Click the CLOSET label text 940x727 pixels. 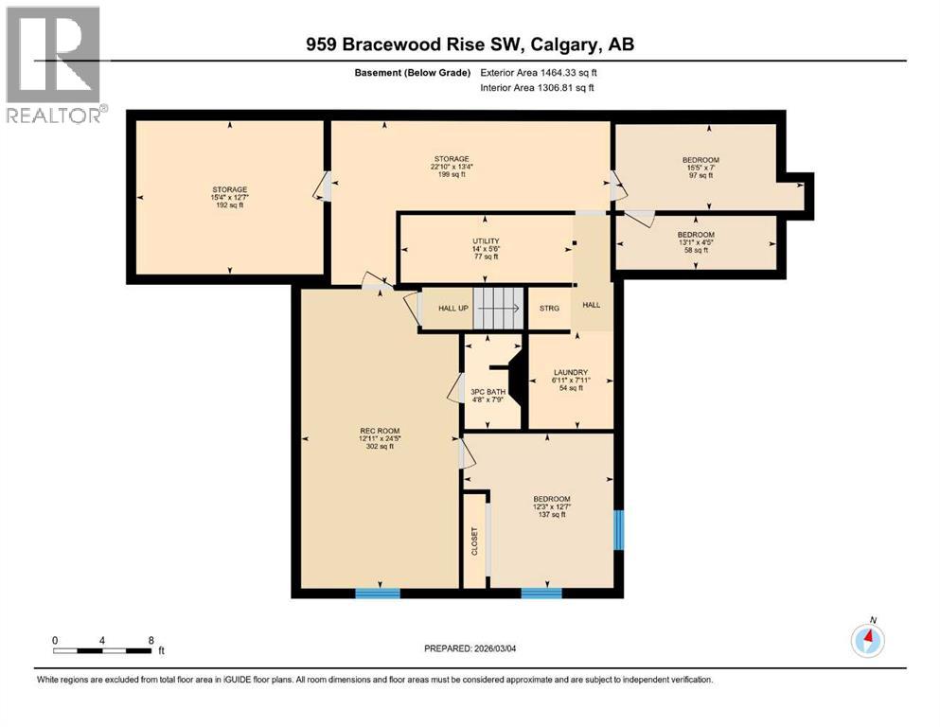point(475,541)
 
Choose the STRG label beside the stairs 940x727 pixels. point(549,309)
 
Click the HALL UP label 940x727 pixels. point(453,309)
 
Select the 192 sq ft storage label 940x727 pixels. point(230,197)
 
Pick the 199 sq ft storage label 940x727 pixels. point(452,167)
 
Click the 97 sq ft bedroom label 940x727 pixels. point(701,168)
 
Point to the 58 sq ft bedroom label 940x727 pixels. point(696,242)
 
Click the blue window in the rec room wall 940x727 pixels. point(378,594)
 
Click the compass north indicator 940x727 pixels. point(868,640)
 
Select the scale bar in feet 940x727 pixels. point(103,650)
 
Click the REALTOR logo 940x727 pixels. point(54,65)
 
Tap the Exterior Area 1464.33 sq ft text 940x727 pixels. point(540,72)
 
